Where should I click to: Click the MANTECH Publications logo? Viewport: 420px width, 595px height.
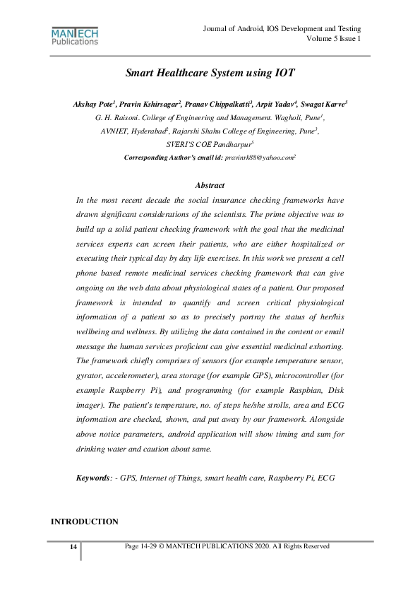(75, 36)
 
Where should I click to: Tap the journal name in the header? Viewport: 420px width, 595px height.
(282, 28)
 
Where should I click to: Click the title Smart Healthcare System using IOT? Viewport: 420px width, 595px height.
(210, 73)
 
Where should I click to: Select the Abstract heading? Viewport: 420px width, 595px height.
(210, 185)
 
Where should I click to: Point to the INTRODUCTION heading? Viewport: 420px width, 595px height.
(84, 522)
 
